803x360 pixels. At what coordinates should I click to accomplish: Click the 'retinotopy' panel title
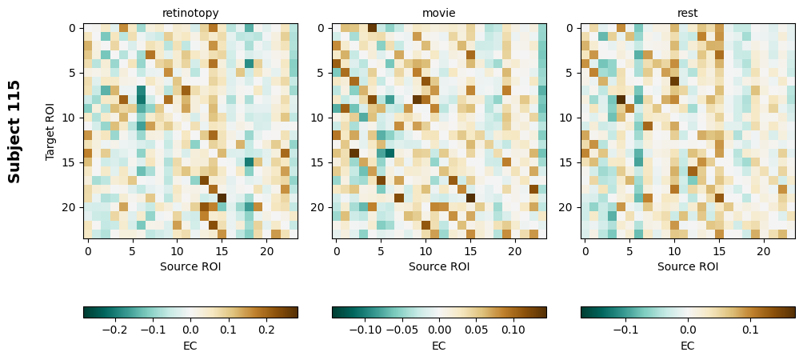click(x=190, y=13)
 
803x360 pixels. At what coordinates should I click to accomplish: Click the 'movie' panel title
click(x=439, y=13)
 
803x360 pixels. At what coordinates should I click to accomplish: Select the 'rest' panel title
click(x=688, y=13)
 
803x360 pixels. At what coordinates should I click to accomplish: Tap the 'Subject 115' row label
click(x=14, y=131)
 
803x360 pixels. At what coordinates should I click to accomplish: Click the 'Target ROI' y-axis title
click(x=50, y=131)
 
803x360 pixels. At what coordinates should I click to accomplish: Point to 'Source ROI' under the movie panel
click(x=439, y=266)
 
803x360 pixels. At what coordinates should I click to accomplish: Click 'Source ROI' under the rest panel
click(x=688, y=266)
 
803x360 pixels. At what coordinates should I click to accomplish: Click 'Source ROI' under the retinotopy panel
click(x=190, y=266)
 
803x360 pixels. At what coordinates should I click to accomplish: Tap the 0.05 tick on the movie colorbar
click(x=476, y=329)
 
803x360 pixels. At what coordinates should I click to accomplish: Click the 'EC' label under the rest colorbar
click(x=688, y=346)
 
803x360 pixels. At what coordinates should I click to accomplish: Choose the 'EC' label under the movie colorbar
click(x=439, y=346)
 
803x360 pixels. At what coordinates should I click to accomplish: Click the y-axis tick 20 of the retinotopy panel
click(x=70, y=207)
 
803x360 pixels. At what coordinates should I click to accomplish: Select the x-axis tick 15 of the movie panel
click(x=470, y=251)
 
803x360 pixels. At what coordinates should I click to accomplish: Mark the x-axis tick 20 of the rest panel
click(x=764, y=251)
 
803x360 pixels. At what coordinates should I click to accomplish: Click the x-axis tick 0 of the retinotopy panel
click(x=88, y=251)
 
